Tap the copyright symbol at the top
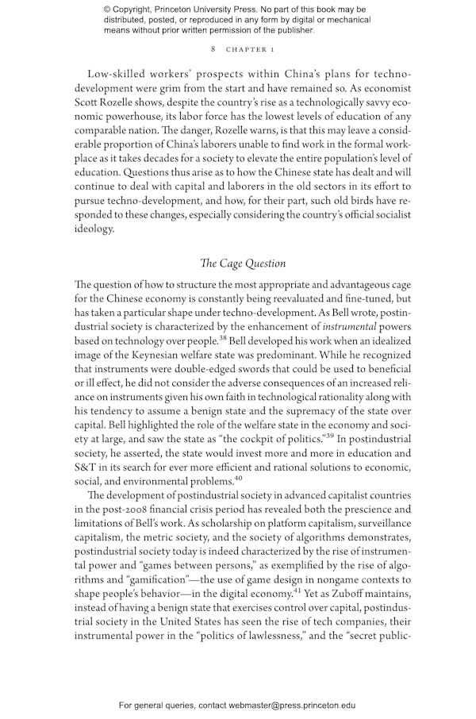click(108, 10)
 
